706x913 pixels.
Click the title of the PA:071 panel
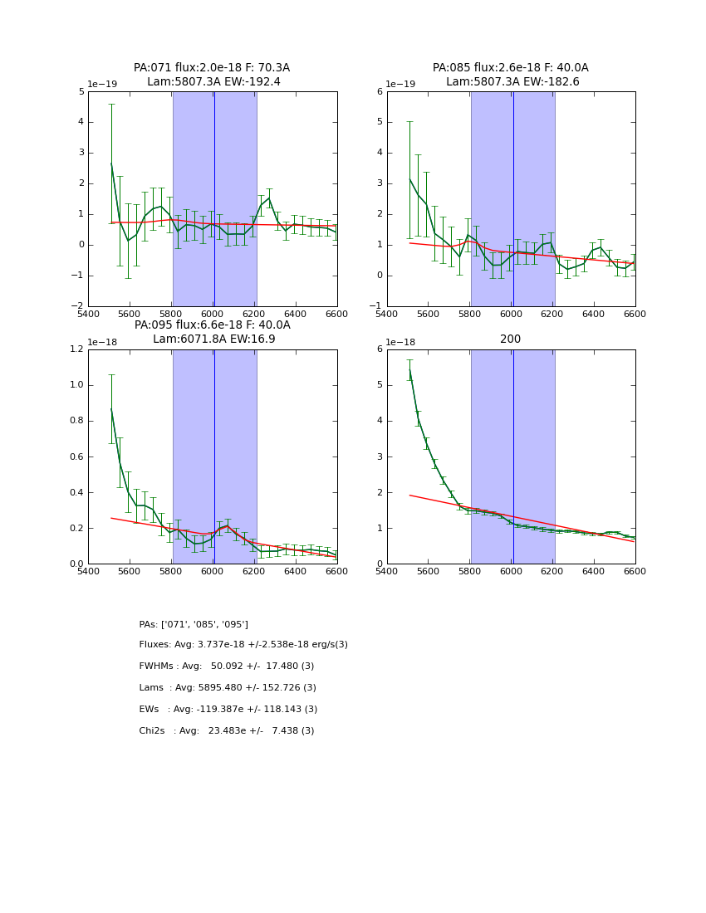click(212, 75)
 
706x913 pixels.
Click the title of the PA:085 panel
click(510, 75)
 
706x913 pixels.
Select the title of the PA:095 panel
click(212, 332)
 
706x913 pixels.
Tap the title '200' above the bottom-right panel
click(510, 339)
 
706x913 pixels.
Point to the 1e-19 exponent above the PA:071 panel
click(102, 84)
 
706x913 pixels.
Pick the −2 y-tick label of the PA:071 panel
click(77, 306)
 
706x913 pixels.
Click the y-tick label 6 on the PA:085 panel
click(378, 92)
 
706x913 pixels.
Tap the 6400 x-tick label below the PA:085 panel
click(593, 313)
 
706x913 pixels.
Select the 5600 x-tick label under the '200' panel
click(428, 570)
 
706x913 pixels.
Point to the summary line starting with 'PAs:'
click(194, 624)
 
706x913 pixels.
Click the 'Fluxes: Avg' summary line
click(243, 645)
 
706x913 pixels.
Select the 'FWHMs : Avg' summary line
click(227, 666)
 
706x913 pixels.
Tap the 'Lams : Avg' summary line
click(228, 688)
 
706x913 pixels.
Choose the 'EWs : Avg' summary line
click(228, 710)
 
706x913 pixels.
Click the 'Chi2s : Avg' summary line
click(227, 731)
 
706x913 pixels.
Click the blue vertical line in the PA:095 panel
click(214, 456)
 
